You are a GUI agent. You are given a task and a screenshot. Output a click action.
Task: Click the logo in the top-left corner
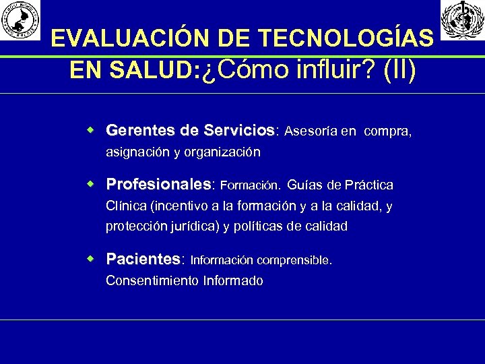coord(20,20)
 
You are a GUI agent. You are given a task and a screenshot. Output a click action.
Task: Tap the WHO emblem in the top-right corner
coord(462,20)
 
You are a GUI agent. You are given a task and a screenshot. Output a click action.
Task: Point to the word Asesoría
coord(311,131)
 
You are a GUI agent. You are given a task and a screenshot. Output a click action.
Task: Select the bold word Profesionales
coord(158,185)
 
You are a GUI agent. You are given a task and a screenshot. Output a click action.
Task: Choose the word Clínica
coord(127,206)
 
